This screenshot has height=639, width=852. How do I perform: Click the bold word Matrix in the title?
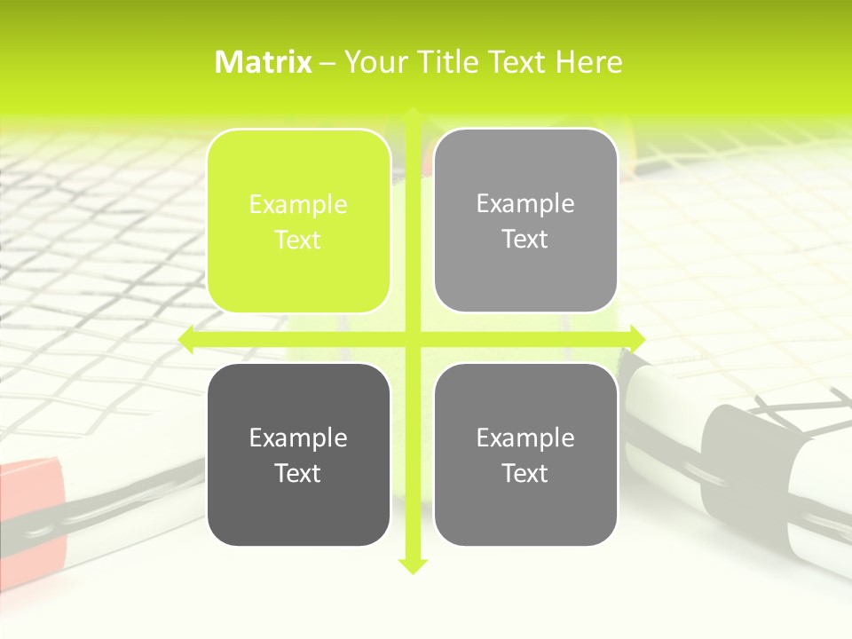click(264, 62)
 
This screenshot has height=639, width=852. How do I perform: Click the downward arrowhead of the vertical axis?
click(413, 565)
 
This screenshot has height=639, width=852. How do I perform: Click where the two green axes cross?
click(413, 339)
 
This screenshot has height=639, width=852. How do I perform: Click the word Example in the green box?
click(298, 205)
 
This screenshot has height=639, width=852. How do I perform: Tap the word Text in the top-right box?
click(525, 240)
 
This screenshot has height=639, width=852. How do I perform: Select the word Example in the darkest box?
click(298, 438)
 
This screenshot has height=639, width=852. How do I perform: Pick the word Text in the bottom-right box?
click(525, 473)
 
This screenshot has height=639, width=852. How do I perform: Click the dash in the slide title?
click(327, 63)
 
